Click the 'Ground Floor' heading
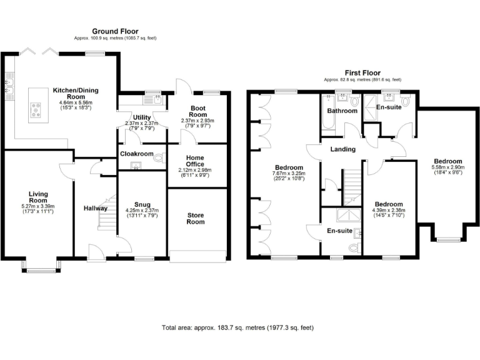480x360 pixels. coord(115,31)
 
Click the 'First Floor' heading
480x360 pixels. coord(362,73)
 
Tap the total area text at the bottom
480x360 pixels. coord(237,327)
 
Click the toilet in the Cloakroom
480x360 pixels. coord(157,157)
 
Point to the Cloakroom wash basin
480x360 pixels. coord(134,166)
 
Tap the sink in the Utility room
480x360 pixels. coord(153,98)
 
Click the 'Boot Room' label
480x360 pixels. coord(197,114)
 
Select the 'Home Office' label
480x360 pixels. coord(197,161)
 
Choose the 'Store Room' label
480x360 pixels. coord(197,218)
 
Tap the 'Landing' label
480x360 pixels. coord(343,149)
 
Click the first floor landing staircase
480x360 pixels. coord(352,187)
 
